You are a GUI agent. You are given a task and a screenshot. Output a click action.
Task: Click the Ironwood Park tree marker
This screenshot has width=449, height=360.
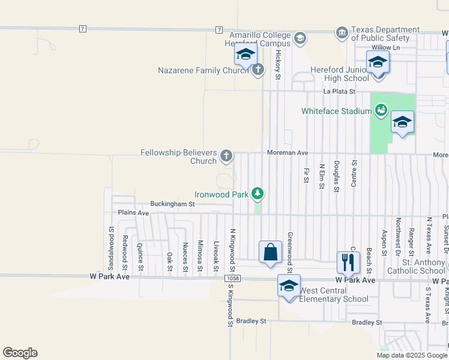click(x=258, y=193)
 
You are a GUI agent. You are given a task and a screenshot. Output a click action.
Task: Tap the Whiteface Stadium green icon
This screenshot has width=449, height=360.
click(x=380, y=110)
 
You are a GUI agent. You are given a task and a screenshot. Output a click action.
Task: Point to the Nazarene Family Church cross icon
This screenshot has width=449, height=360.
click(x=258, y=70)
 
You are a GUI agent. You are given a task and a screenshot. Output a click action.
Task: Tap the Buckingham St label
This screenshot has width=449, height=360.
click(x=173, y=204)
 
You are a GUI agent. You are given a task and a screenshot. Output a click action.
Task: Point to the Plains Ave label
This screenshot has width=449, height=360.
click(x=133, y=213)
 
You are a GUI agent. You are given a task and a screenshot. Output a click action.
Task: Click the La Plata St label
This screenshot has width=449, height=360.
click(x=340, y=92)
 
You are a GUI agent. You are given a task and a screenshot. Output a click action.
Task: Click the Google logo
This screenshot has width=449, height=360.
click(x=20, y=353)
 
